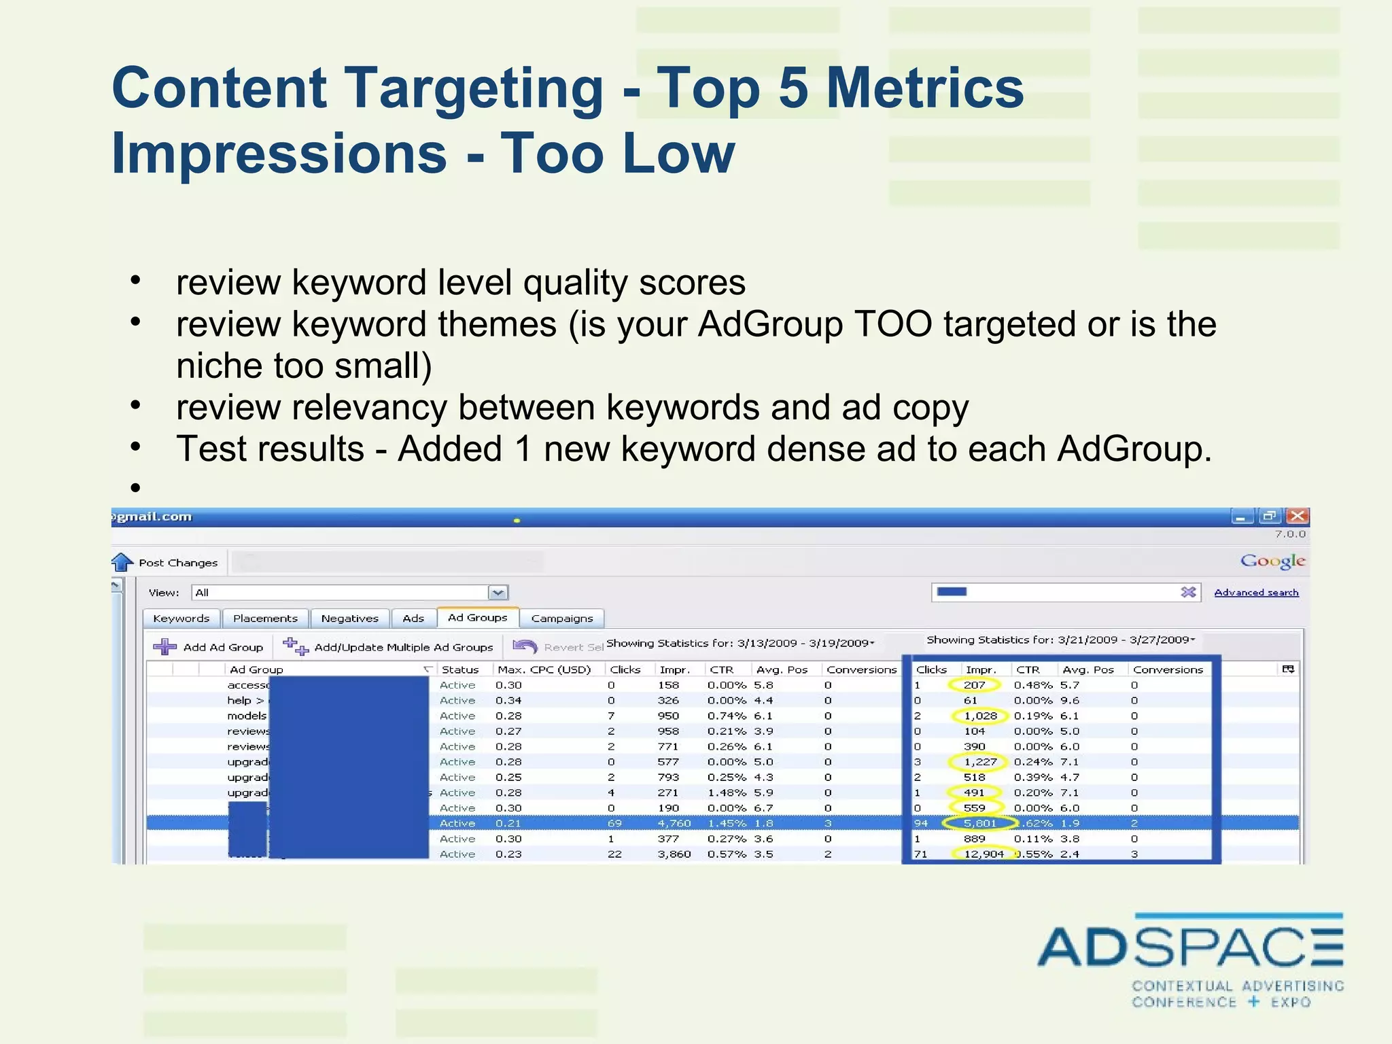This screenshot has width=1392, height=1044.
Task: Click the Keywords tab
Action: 181,619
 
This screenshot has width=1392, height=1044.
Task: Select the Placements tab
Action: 265,619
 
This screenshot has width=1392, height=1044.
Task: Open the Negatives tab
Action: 349,619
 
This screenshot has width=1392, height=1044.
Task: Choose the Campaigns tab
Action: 562,619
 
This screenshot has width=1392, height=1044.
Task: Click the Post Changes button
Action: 166,563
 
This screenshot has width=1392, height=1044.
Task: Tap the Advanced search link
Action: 1256,593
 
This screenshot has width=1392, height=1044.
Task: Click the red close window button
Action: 1298,517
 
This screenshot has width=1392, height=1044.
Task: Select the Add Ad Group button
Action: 209,647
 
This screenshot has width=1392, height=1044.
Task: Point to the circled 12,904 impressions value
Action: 984,854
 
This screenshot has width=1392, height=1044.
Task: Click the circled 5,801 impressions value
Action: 979,823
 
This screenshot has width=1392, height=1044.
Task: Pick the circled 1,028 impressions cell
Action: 980,716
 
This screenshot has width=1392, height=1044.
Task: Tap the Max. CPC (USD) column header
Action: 544,669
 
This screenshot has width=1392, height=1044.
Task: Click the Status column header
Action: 460,669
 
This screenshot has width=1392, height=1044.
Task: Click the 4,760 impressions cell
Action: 674,823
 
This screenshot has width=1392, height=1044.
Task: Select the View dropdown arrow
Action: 498,593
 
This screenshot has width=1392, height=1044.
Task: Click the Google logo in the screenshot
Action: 1272,561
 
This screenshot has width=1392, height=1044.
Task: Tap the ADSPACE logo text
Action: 1189,947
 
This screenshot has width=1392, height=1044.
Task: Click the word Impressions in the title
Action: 279,154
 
